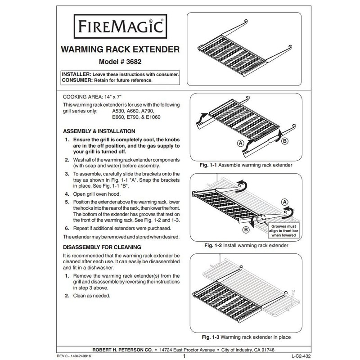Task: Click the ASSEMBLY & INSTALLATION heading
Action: (99, 131)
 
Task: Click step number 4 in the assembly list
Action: (66, 194)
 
